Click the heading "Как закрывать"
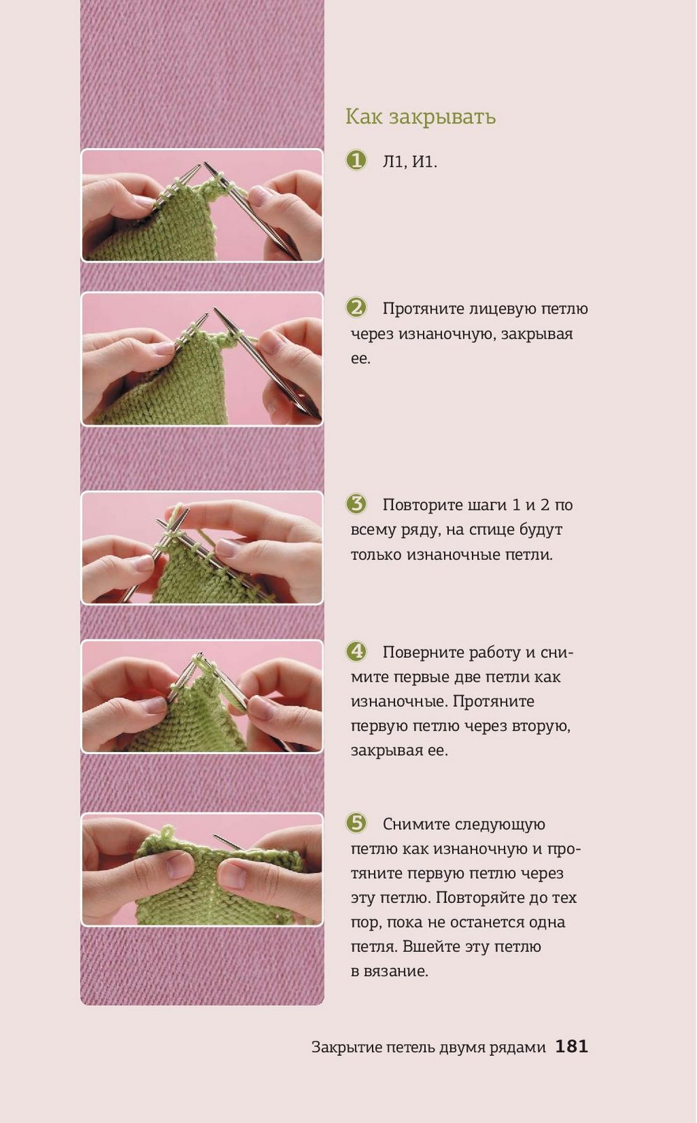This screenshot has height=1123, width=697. (421, 117)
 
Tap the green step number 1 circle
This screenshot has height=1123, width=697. (357, 161)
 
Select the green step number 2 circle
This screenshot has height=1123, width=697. (357, 307)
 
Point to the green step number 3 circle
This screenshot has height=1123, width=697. (357, 504)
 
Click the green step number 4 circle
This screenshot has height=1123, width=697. (357, 651)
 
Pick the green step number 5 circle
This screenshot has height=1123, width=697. (357, 823)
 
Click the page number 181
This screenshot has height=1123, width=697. (572, 1046)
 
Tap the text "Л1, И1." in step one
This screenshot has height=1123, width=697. (410, 162)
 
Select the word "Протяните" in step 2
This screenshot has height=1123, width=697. (422, 309)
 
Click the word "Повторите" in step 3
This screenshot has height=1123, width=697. (422, 505)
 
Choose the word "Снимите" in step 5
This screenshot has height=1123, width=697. (415, 824)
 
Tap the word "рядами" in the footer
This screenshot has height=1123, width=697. (522, 1048)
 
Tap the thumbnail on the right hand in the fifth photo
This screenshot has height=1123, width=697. (232, 874)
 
